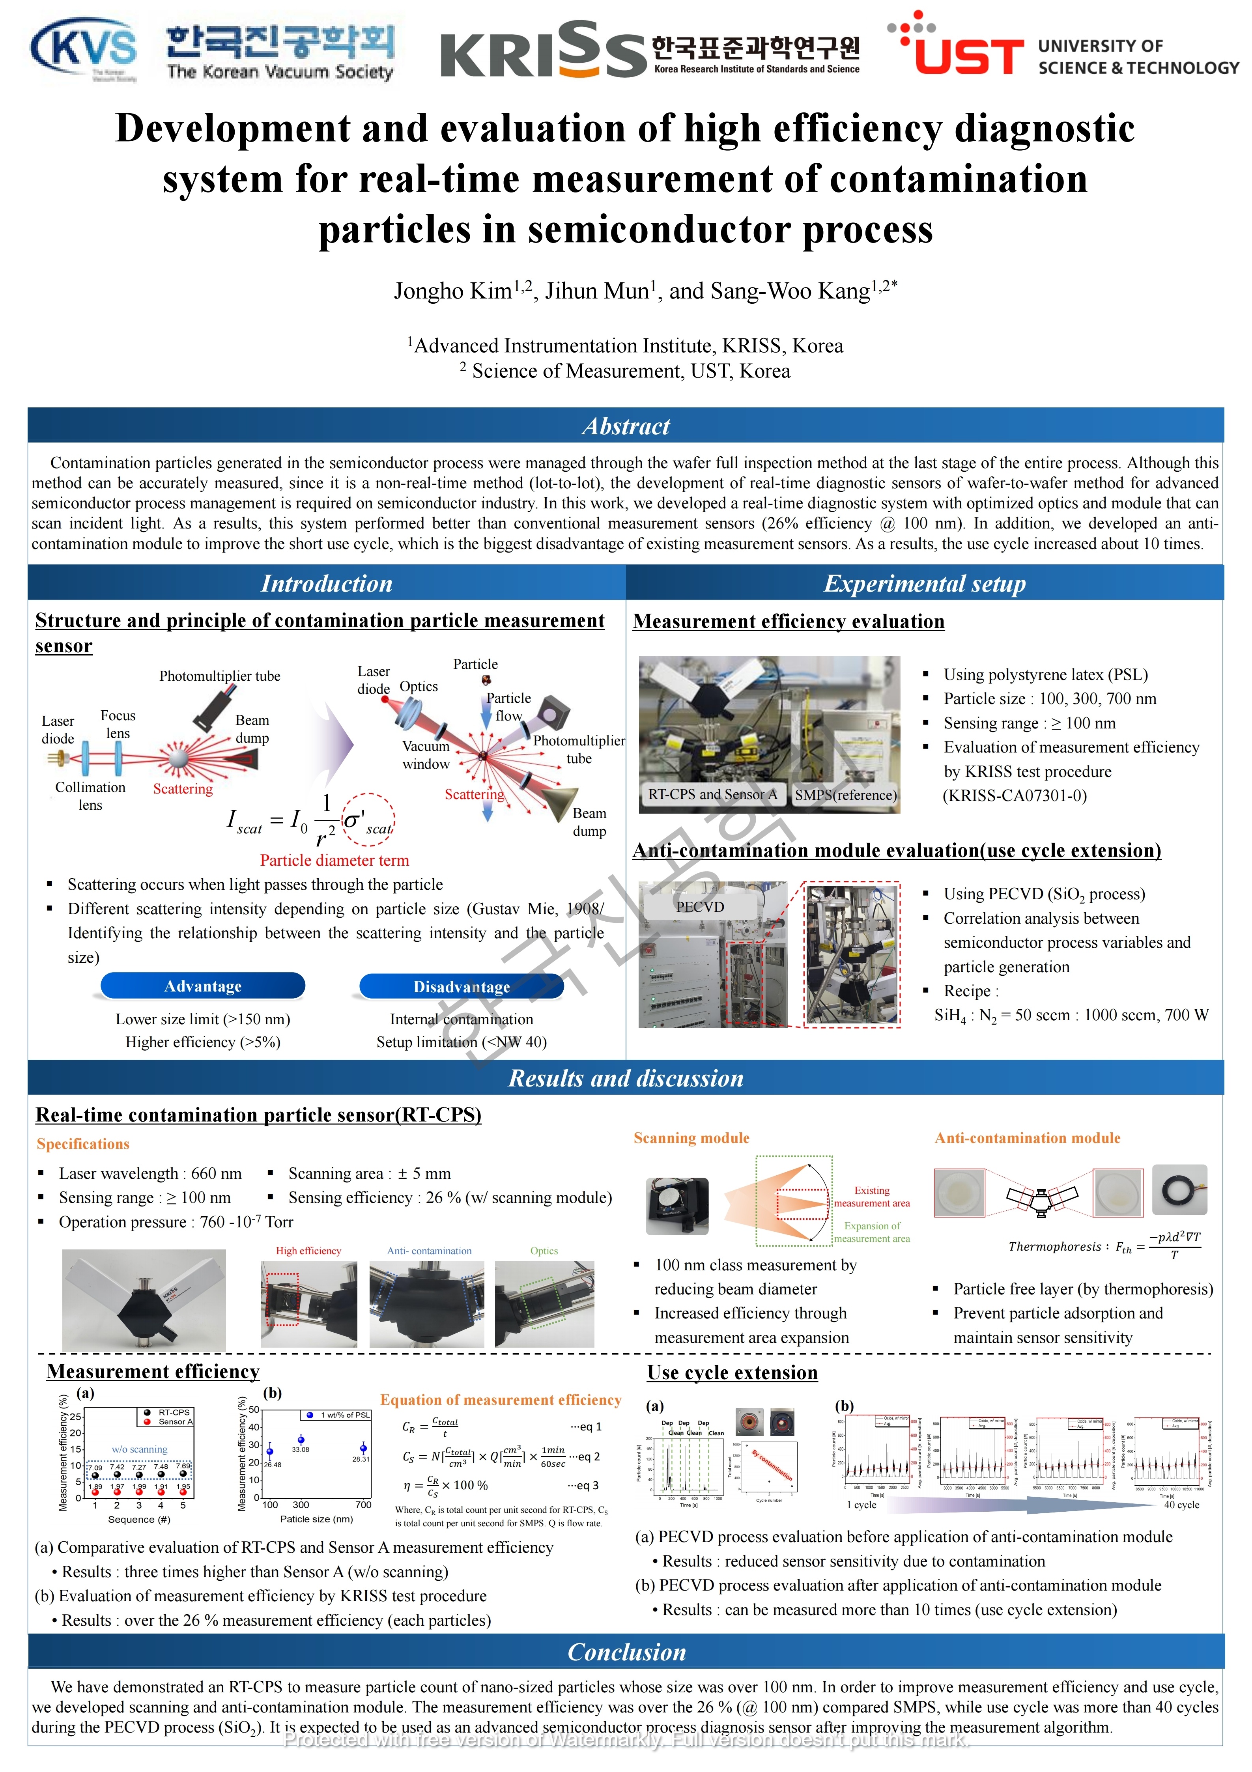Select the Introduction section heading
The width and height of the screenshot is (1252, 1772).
click(327, 583)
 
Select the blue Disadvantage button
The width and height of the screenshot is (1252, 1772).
click(462, 986)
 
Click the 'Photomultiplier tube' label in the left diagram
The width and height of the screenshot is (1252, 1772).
click(220, 676)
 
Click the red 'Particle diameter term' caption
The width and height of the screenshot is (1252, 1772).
click(334, 861)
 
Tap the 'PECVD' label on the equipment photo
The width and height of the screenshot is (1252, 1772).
click(700, 907)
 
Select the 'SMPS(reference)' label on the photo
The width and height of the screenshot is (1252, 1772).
click(846, 795)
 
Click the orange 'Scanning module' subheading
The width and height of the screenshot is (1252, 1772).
click(691, 1137)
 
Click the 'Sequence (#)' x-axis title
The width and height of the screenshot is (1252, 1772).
click(139, 1519)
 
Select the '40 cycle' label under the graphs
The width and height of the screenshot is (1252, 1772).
click(1181, 1504)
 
